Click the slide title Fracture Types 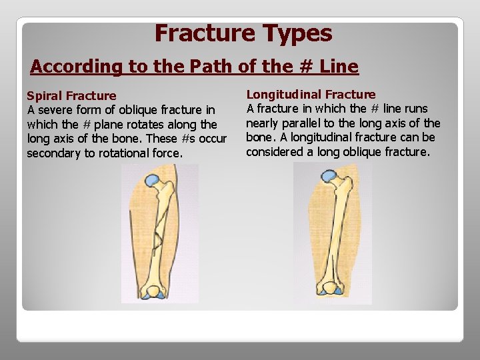[243, 33]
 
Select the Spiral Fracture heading [71, 96]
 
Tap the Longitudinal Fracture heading [311, 95]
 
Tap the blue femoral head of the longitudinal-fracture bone [328, 177]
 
